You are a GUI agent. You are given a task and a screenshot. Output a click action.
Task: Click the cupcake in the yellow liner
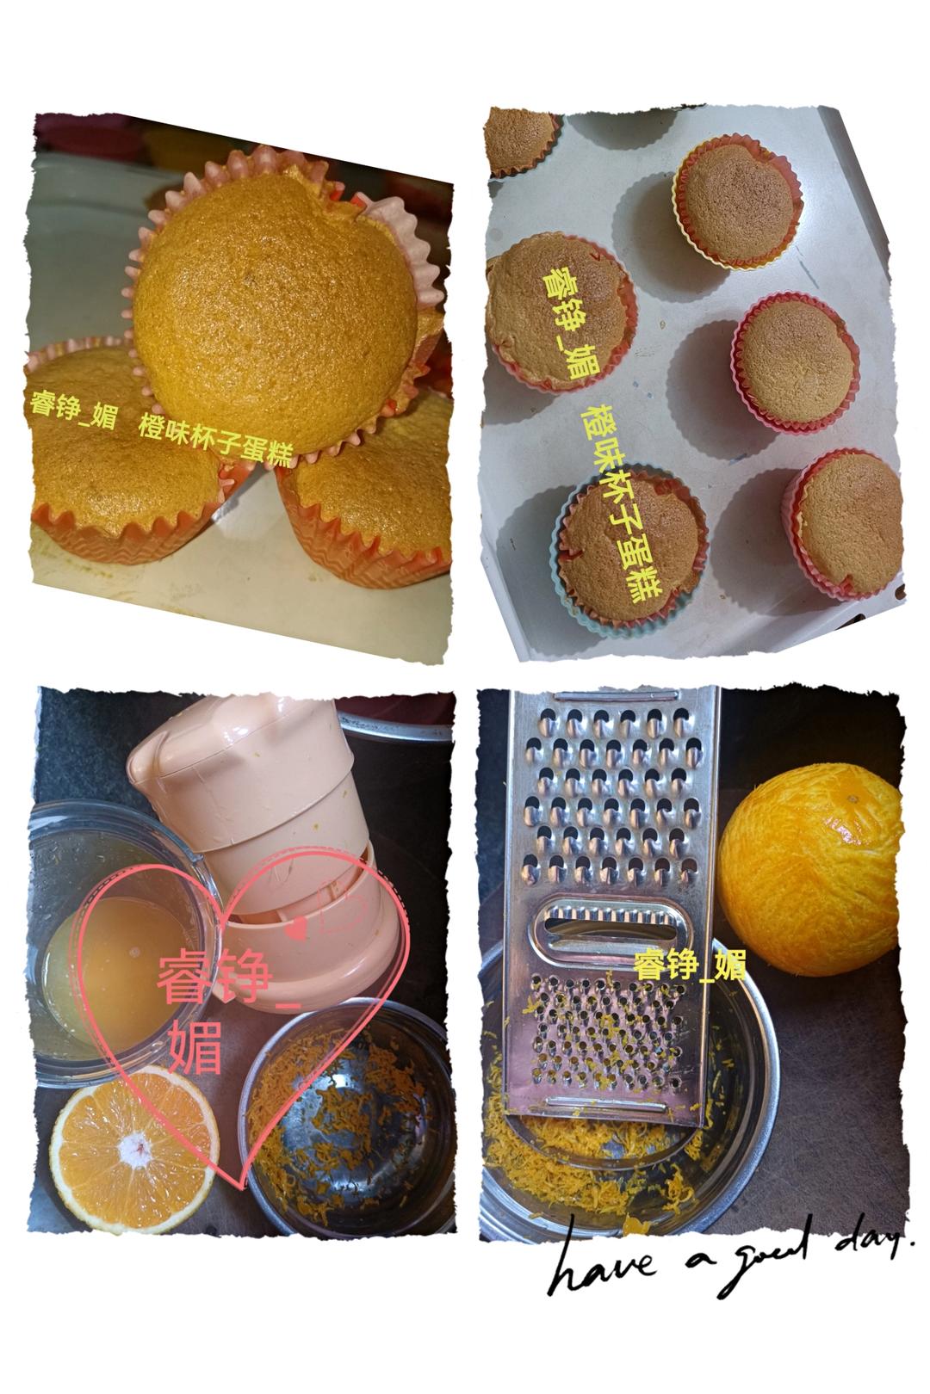tap(737, 202)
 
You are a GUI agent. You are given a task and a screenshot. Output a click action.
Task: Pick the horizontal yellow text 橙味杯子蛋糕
tap(216, 441)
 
